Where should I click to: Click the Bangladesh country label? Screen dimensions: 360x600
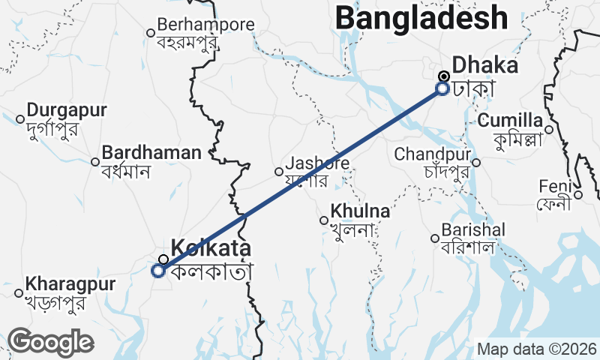pyautogui.click(x=421, y=16)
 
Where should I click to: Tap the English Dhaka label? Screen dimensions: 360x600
pyautogui.click(x=485, y=65)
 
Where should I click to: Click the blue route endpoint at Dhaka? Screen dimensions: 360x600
pyautogui.click(x=442, y=88)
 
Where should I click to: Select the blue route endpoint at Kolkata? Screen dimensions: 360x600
pyautogui.click(x=158, y=271)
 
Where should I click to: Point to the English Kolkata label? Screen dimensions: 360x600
pyautogui.click(x=211, y=248)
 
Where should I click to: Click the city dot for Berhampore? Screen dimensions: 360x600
pyautogui.click(x=150, y=32)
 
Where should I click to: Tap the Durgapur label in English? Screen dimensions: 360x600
pyautogui.click(x=67, y=111)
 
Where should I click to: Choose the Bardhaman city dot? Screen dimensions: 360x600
pyautogui.click(x=95, y=161)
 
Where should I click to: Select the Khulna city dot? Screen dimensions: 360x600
pyautogui.click(x=324, y=220)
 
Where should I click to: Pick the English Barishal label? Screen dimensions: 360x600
pyautogui.click(x=473, y=229)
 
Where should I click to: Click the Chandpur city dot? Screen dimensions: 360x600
pyautogui.click(x=476, y=162)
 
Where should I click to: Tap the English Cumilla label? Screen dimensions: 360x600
pyautogui.click(x=510, y=121)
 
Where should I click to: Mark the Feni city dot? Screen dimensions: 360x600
pyautogui.click(x=578, y=195)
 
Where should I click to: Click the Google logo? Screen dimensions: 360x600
pyautogui.click(x=50, y=342)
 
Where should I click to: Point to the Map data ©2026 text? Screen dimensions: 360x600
pyautogui.click(x=537, y=349)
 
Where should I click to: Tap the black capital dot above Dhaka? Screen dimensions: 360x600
pyautogui.click(x=444, y=76)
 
